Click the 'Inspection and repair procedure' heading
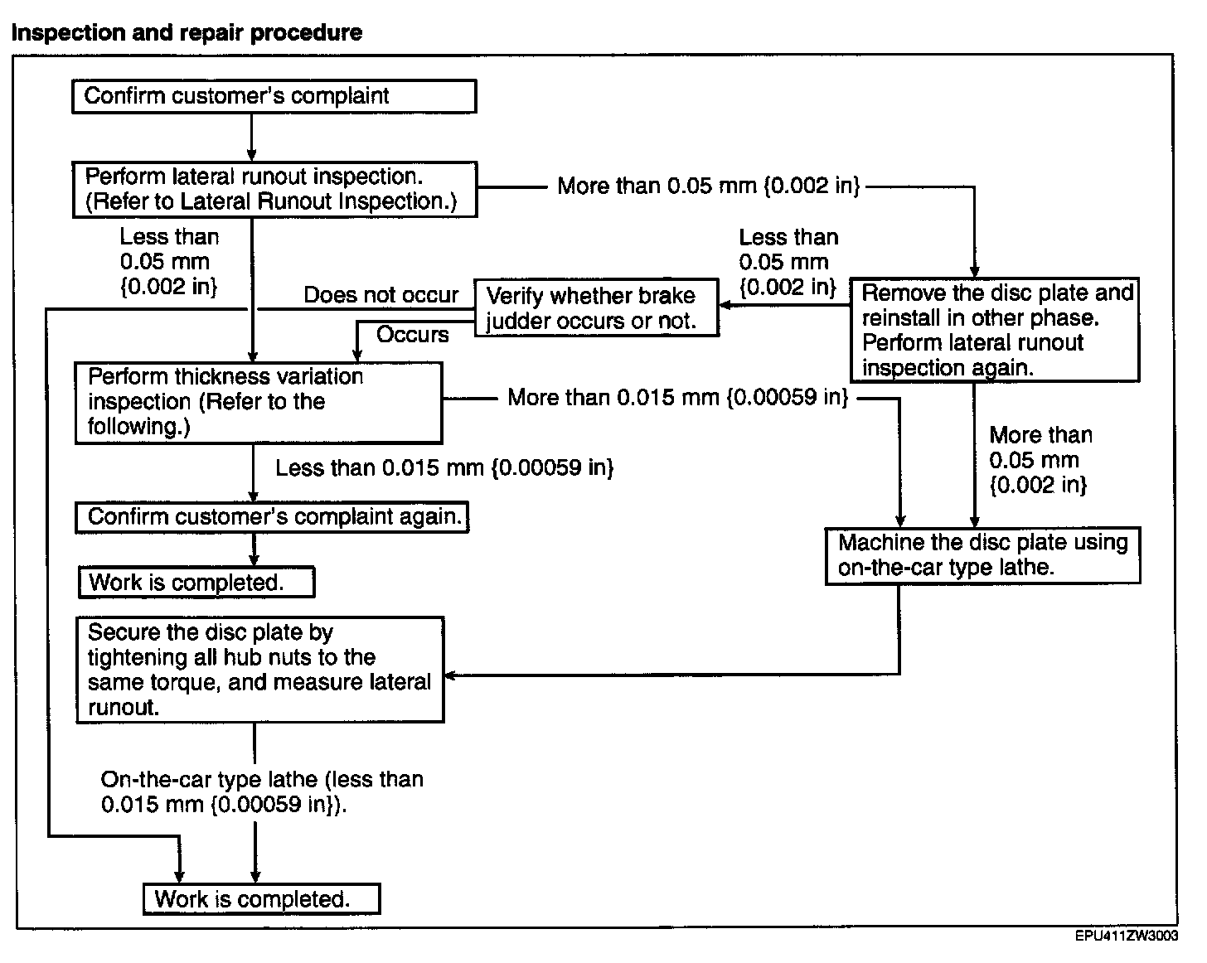187,32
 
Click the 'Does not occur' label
381,295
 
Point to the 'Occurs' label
413,335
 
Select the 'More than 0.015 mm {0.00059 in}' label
678,398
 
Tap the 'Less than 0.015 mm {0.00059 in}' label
445,467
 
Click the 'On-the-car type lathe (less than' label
262,780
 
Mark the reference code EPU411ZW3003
1127,936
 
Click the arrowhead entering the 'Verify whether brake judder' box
725,305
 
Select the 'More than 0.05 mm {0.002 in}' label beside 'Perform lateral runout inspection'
709,186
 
